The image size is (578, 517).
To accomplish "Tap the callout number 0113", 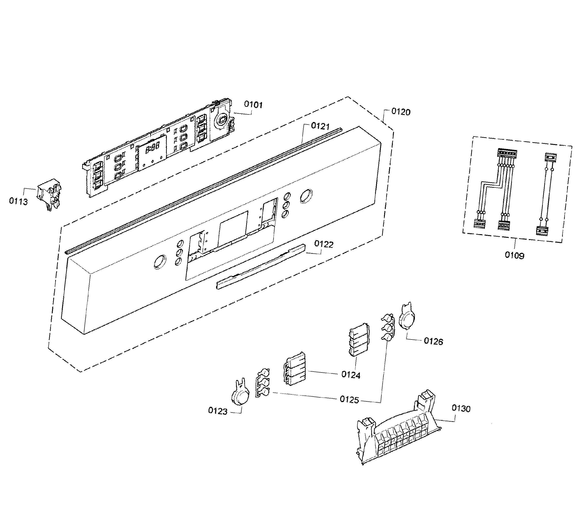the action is (18, 202).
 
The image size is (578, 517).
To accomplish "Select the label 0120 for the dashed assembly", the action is (401, 112).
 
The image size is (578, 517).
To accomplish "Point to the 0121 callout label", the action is (320, 126).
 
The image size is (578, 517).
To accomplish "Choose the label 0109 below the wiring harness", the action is (514, 255).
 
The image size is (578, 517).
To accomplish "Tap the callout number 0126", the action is (433, 341).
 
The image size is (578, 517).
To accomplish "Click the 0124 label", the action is (351, 375).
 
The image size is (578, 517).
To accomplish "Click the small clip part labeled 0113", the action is (49, 194).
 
